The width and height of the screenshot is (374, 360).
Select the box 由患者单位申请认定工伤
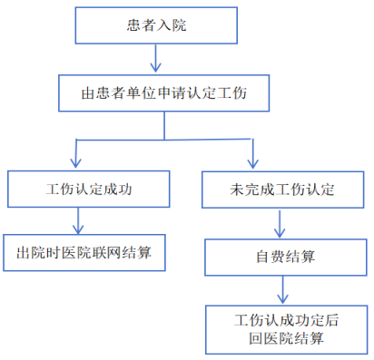[x=164, y=92]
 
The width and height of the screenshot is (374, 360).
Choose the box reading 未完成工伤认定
[x=282, y=190]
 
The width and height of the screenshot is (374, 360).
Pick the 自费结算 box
[x=285, y=257]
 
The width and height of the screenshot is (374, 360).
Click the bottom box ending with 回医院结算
[x=285, y=329]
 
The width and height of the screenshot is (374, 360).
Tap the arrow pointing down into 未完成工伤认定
[x=251, y=154]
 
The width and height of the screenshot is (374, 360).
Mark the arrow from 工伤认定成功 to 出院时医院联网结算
[x=79, y=221]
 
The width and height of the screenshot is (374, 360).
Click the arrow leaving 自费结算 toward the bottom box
[x=284, y=289]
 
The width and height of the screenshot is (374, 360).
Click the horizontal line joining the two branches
[x=163, y=140]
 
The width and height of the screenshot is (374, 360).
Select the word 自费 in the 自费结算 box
[x=270, y=257]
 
